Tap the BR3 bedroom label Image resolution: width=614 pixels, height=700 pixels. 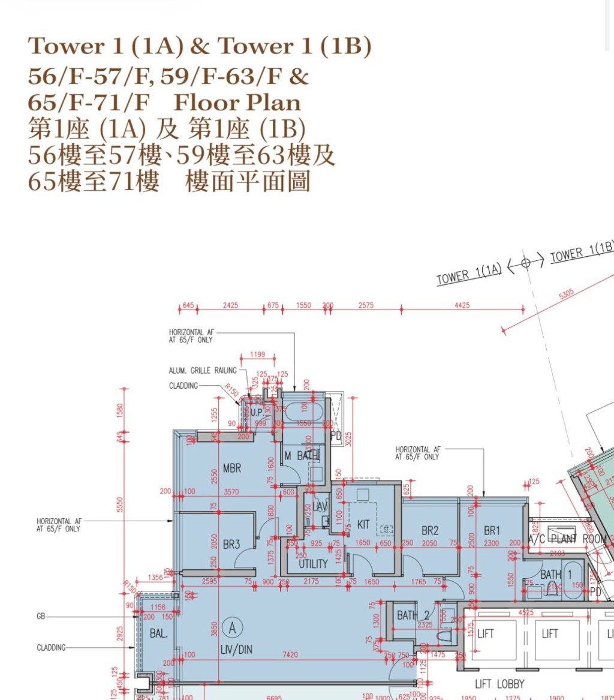[x=231, y=545]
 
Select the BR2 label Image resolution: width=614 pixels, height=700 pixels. [x=430, y=530]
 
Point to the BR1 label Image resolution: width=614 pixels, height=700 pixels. [x=492, y=530]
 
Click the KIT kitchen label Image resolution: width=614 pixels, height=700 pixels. [x=363, y=525]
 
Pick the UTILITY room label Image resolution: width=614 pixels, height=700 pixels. [x=313, y=564]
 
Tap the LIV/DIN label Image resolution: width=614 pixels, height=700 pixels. [x=237, y=649]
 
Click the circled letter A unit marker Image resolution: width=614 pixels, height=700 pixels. [x=231, y=628]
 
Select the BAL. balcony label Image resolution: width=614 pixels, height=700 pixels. [x=158, y=633]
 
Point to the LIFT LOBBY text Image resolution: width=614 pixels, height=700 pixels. [x=499, y=684]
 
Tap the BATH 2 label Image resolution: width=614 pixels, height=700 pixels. [x=414, y=615]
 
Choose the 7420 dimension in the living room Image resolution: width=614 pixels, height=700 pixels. [x=290, y=654]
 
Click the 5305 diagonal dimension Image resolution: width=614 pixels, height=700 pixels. [x=566, y=294]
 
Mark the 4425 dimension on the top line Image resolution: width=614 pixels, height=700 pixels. [x=462, y=305]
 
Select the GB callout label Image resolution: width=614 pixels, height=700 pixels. [x=41, y=616]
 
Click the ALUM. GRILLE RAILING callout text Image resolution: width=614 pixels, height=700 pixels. [x=203, y=371]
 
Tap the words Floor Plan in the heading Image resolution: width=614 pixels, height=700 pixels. [x=237, y=103]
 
